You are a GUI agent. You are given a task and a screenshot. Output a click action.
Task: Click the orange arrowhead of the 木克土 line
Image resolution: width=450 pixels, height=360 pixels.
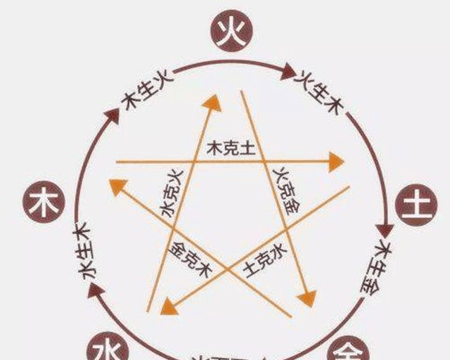click(x=336, y=162)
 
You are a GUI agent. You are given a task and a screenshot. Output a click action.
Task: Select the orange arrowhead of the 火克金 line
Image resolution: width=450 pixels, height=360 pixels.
click(x=307, y=298)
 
